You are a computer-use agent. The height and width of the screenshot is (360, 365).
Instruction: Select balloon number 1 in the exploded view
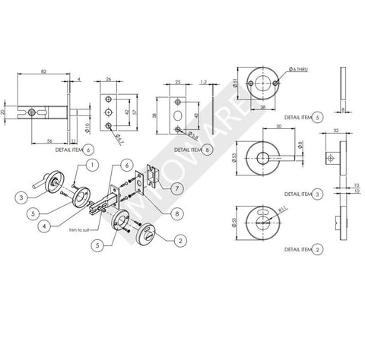pos(90,165)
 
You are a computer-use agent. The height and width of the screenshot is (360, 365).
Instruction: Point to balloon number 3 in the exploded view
pos(18,197)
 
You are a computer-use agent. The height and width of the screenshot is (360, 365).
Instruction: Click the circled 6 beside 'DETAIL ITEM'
pos(89,150)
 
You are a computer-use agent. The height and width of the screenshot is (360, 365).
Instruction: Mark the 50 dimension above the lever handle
pos(280,128)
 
